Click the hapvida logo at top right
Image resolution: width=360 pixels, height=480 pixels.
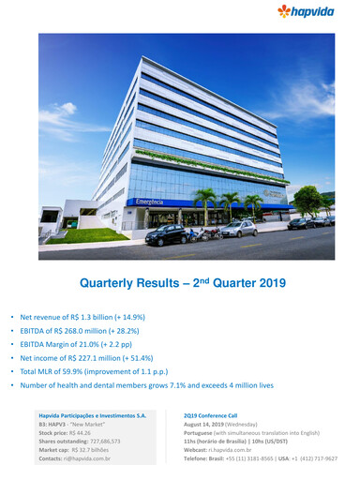318,12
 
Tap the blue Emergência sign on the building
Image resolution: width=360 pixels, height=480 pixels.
150,202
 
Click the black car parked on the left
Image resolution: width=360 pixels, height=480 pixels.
166,234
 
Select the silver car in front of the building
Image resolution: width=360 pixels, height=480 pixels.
238,228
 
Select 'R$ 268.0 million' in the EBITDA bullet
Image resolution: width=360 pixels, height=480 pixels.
87,331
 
